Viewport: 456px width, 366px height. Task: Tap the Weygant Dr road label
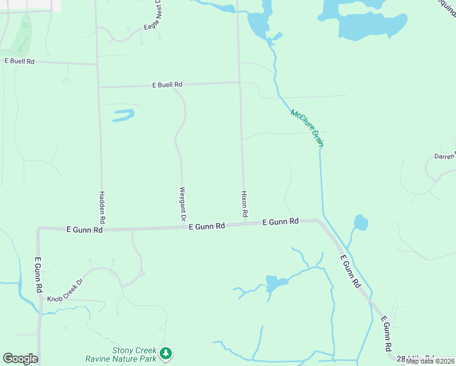pyautogui.click(x=182, y=204)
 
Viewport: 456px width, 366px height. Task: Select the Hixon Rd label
pyautogui.click(x=244, y=204)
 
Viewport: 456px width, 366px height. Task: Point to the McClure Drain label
pyautogui.click(x=307, y=127)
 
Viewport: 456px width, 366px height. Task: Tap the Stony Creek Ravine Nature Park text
pyautogui.click(x=134, y=354)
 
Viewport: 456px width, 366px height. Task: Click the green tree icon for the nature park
pyautogui.click(x=165, y=353)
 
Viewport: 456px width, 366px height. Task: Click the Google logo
pyautogui.click(x=20, y=359)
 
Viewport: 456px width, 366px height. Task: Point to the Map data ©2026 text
pyautogui.click(x=429, y=361)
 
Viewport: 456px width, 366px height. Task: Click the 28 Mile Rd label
pyautogui.click(x=415, y=358)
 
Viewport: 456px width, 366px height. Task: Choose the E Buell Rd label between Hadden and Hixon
pyautogui.click(x=167, y=85)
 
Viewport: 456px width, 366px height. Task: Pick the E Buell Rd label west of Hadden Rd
pyautogui.click(x=20, y=61)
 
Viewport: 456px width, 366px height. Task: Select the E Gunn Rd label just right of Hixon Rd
pyautogui.click(x=280, y=222)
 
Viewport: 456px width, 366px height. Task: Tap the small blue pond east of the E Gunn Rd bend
pyautogui.click(x=360, y=222)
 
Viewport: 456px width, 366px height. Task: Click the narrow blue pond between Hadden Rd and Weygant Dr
pyautogui.click(x=124, y=115)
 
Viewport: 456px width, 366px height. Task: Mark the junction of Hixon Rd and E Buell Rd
pyautogui.click(x=239, y=82)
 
